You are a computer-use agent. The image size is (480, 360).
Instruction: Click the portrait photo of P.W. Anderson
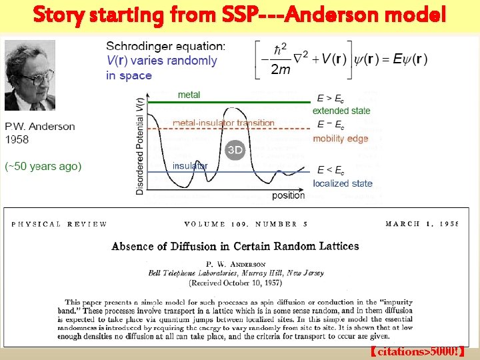coord(30,75)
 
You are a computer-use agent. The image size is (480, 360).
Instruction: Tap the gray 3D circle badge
coord(235,150)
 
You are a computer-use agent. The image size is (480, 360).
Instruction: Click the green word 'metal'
coord(189,95)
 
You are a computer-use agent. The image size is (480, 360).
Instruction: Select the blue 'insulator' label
coord(190,165)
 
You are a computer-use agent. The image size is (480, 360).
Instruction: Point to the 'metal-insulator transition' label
coord(223,123)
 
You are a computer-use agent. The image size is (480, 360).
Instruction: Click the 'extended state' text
coord(341,111)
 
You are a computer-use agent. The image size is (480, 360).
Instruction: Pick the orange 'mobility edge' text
coord(340,139)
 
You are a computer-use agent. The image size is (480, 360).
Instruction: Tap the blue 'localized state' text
coord(343,183)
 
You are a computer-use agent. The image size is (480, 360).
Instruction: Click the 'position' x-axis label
coord(288,195)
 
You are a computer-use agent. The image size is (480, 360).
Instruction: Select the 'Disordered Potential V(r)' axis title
coord(140,144)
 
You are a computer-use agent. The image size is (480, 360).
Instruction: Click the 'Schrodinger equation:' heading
coord(166,46)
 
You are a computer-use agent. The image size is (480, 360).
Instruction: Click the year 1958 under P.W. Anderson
coord(18,139)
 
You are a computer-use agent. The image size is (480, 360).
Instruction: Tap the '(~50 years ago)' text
coord(43,166)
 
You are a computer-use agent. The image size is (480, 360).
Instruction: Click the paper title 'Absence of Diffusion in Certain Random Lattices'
coord(235,246)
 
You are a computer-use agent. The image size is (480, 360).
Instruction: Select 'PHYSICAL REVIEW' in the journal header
coord(59,224)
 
